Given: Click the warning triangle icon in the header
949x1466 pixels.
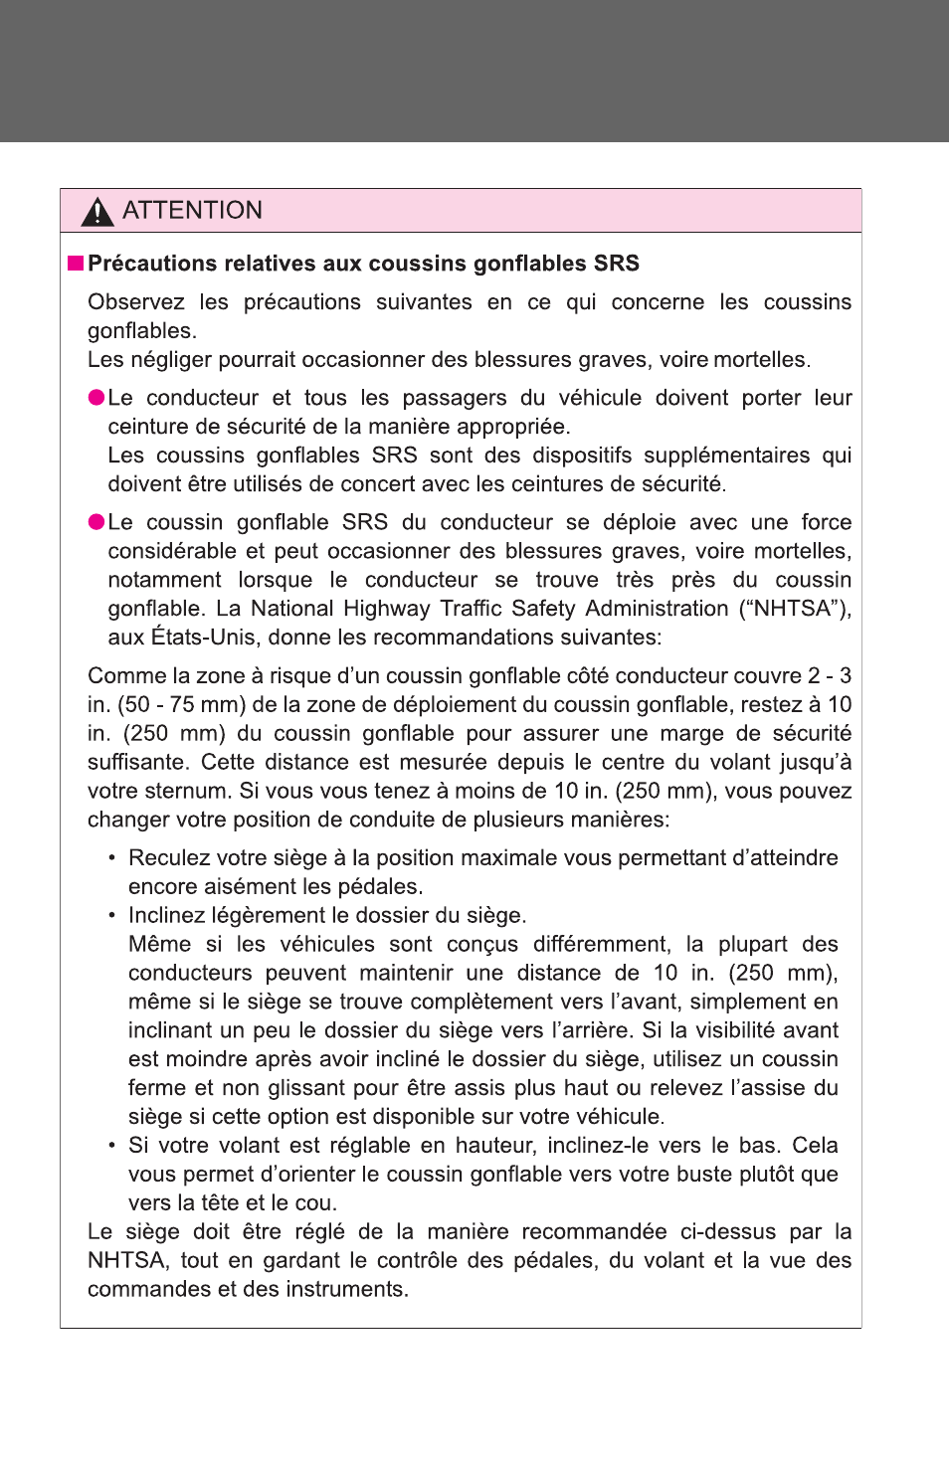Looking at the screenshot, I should pyautogui.click(x=97, y=211).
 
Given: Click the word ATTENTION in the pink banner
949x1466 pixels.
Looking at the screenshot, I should pyautogui.click(x=192, y=211).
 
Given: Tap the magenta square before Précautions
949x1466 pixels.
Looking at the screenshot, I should pyautogui.click(x=76, y=264).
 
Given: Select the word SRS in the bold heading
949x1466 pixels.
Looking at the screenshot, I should pyautogui.click(x=616, y=264).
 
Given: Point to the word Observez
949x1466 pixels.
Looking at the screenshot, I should pyautogui.click(x=135, y=302).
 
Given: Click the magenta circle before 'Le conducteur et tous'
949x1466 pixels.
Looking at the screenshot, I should pyautogui.click(x=96, y=398).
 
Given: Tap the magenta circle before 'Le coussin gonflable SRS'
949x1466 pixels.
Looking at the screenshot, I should pyautogui.click(x=96, y=522).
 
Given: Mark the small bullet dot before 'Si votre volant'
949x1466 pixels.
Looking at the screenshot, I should pyautogui.click(x=112, y=1146).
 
